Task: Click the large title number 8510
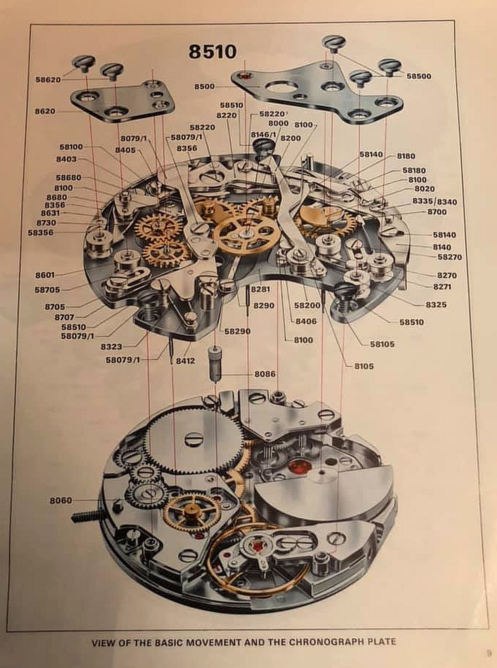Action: (212, 52)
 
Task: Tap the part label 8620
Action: (45, 111)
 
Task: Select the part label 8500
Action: (204, 86)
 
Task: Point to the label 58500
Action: (419, 76)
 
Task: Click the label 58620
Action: (48, 80)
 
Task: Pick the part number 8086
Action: (265, 374)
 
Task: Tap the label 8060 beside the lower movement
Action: (61, 500)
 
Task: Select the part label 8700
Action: (437, 212)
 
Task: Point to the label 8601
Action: (45, 275)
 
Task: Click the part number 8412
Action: (185, 361)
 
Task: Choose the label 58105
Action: (382, 344)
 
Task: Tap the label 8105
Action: (364, 366)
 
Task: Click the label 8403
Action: (66, 159)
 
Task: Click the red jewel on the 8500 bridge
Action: (245, 76)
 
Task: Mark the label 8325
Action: (436, 305)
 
